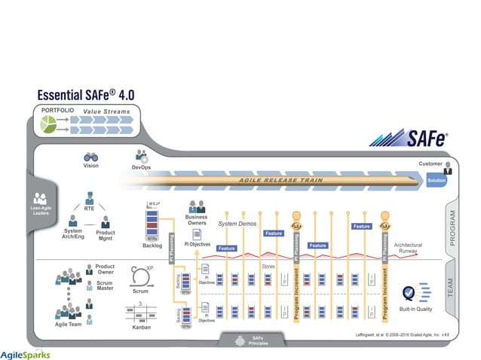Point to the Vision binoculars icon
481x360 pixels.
point(90,157)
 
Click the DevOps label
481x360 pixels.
point(141,167)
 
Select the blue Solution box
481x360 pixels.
point(436,182)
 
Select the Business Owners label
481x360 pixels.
point(196,221)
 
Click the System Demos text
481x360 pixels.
point(237,224)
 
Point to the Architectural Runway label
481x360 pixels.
point(408,248)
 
